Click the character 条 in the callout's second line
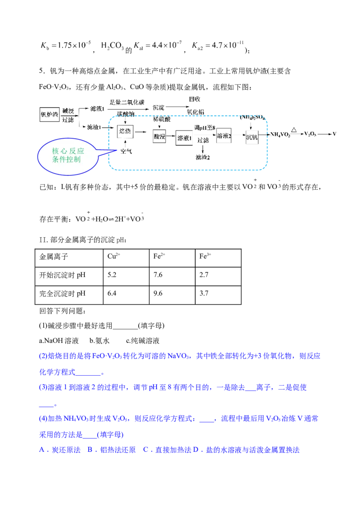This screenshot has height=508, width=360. coord(56,159)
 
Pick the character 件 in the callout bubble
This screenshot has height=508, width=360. coord(63,159)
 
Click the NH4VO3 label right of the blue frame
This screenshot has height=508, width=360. coord(280,134)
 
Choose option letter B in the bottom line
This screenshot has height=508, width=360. coord(90,450)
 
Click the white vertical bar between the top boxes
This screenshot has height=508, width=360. coord(99,45)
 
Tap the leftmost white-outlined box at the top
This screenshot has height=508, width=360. coord(65,45)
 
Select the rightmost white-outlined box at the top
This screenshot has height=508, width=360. coord(218,45)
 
